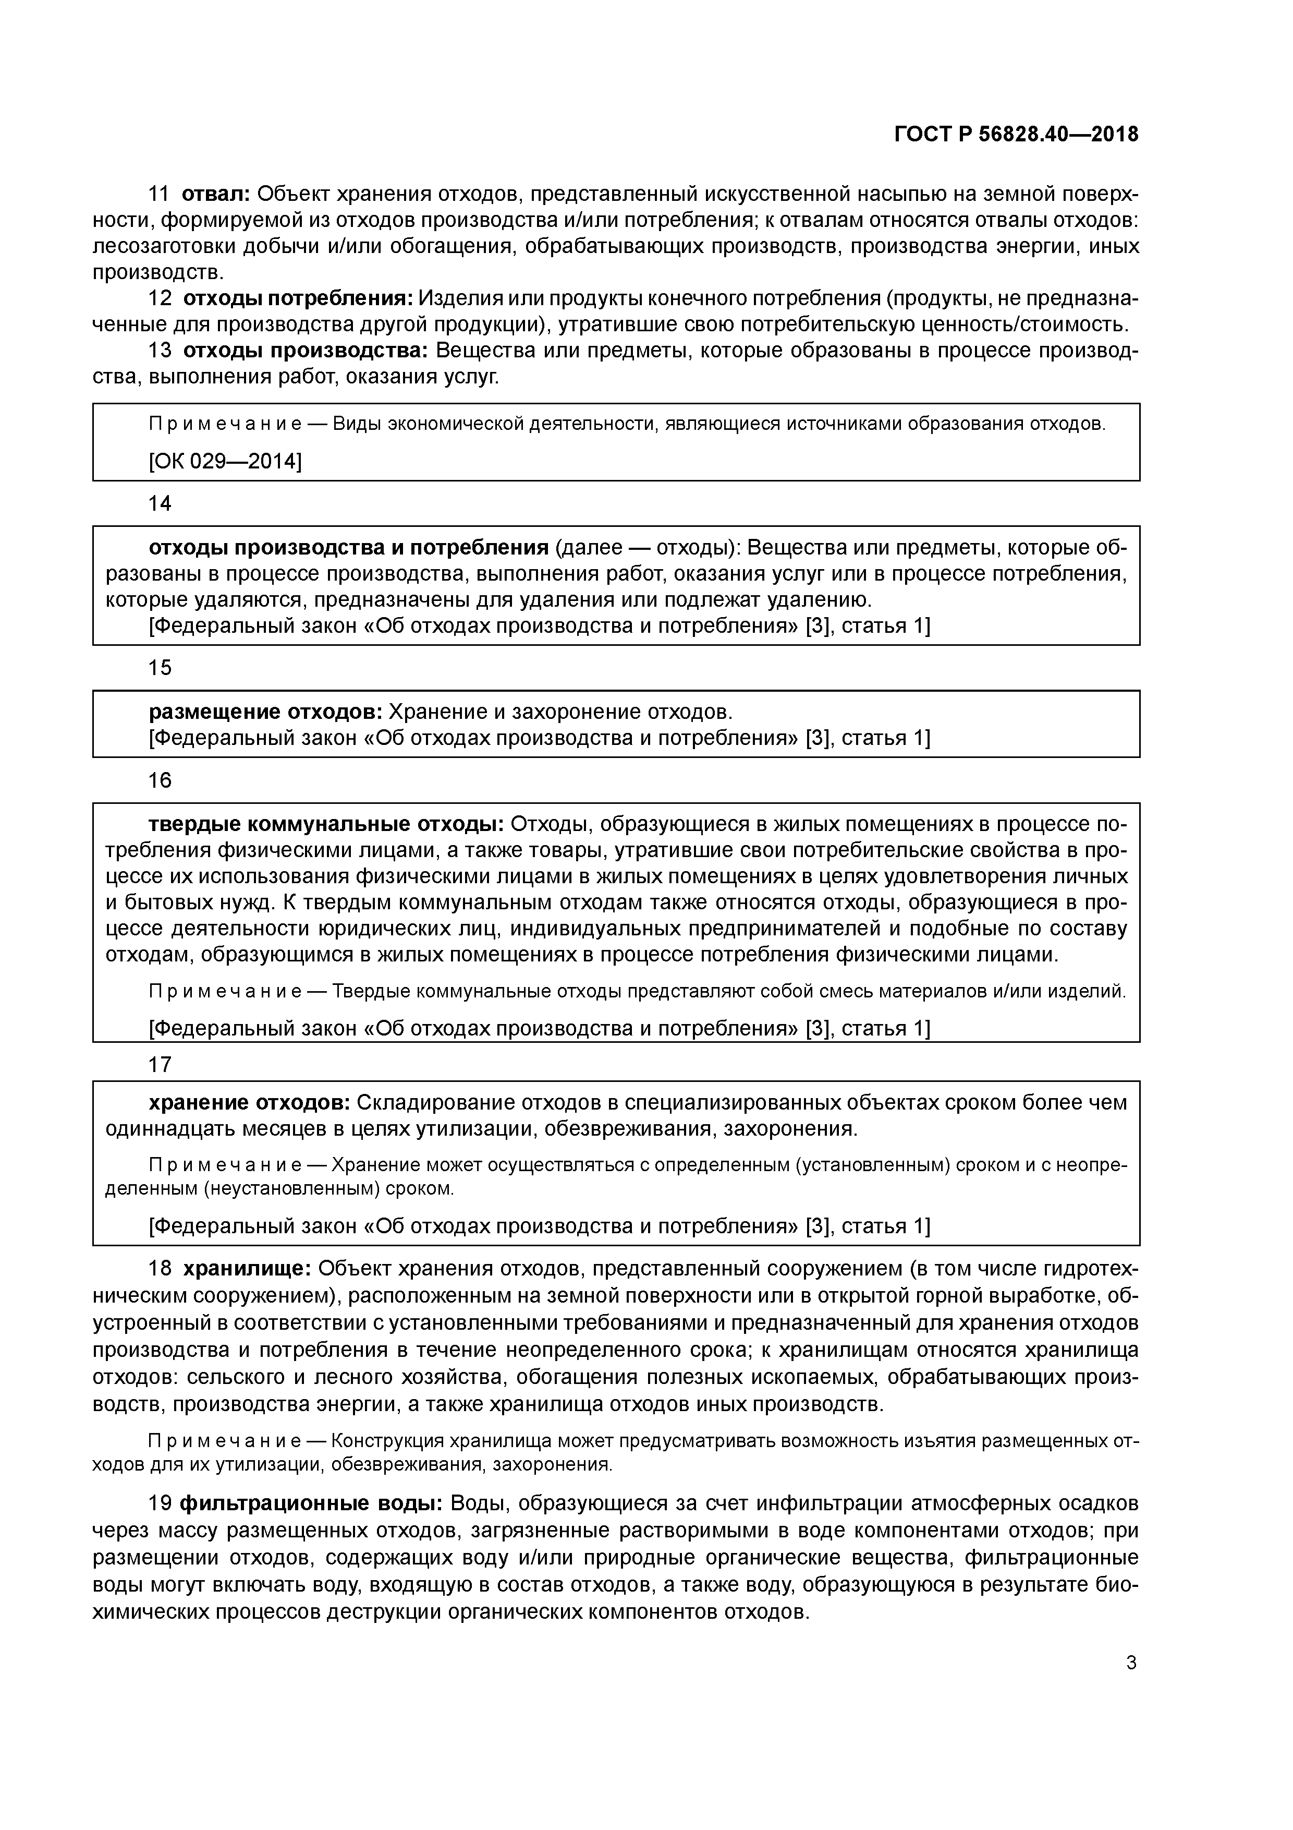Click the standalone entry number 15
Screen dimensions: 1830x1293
click(x=160, y=667)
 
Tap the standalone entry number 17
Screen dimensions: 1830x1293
click(x=160, y=1064)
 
